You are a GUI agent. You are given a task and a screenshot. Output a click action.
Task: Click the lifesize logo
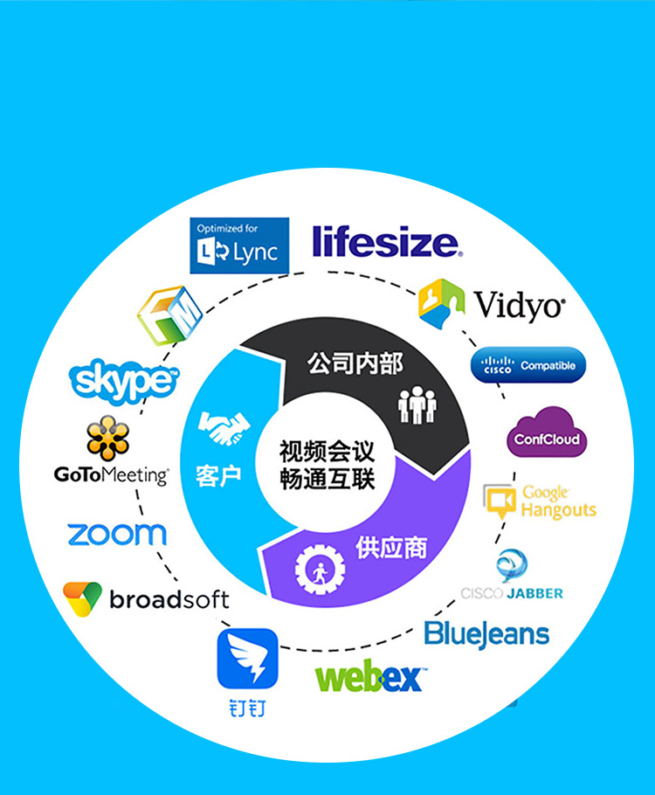387,241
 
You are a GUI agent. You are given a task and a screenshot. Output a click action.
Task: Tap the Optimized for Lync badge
239,245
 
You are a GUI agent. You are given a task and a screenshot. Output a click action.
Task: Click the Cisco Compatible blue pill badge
528,365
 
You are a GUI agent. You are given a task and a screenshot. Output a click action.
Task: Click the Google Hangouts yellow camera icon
500,501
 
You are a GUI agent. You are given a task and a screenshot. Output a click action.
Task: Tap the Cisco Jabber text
512,593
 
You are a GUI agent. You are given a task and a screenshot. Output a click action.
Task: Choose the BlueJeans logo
486,634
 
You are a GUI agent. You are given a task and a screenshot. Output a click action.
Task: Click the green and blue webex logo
370,676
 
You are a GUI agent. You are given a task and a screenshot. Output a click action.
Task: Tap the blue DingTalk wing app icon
247,659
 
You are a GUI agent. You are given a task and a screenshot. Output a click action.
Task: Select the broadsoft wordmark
169,599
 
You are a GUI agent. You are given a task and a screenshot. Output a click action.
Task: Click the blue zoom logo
117,535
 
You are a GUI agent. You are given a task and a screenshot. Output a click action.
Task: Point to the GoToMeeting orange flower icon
107,438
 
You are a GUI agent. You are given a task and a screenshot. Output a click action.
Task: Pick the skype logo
124,381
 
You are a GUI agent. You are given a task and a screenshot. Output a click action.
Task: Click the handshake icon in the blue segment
224,427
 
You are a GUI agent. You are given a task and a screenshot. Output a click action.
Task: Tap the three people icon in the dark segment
417,404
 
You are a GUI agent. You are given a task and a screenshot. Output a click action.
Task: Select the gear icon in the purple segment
320,569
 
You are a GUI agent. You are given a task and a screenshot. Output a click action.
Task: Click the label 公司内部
355,363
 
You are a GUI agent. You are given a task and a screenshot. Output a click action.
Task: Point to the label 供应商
391,548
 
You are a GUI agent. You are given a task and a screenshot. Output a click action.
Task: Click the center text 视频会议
327,452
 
